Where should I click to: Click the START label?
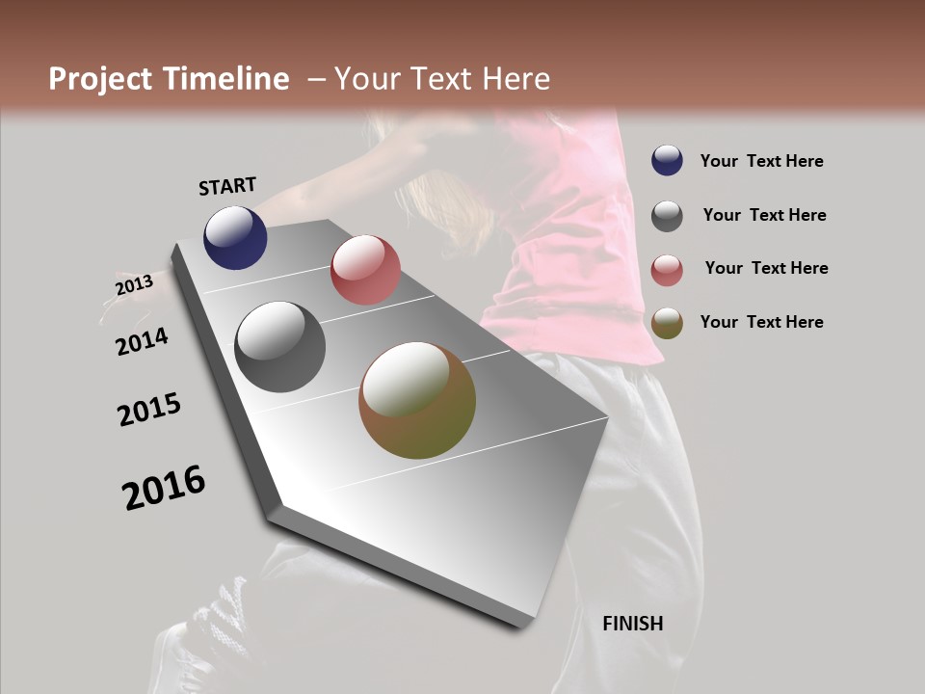click(227, 185)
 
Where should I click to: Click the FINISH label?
click(633, 624)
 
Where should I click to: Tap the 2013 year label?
click(134, 285)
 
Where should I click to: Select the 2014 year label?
click(143, 341)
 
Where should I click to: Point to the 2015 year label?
click(149, 410)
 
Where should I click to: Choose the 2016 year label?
click(164, 488)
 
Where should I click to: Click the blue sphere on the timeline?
click(235, 238)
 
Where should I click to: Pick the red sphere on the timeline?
click(365, 270)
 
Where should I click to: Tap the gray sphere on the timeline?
click(280, 347)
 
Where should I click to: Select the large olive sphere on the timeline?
click(417, 400)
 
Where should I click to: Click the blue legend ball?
click(667, 161)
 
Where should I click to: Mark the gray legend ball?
click(667, 215)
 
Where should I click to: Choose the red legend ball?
click(667, 269)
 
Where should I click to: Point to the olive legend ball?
click(667, 322)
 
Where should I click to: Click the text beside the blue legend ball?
click(762, 161)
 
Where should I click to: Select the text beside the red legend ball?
click(766, 268)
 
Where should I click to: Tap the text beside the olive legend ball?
click(762, 322)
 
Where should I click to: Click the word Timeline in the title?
click(227, 79)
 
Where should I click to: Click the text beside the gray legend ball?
click(765, 215)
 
